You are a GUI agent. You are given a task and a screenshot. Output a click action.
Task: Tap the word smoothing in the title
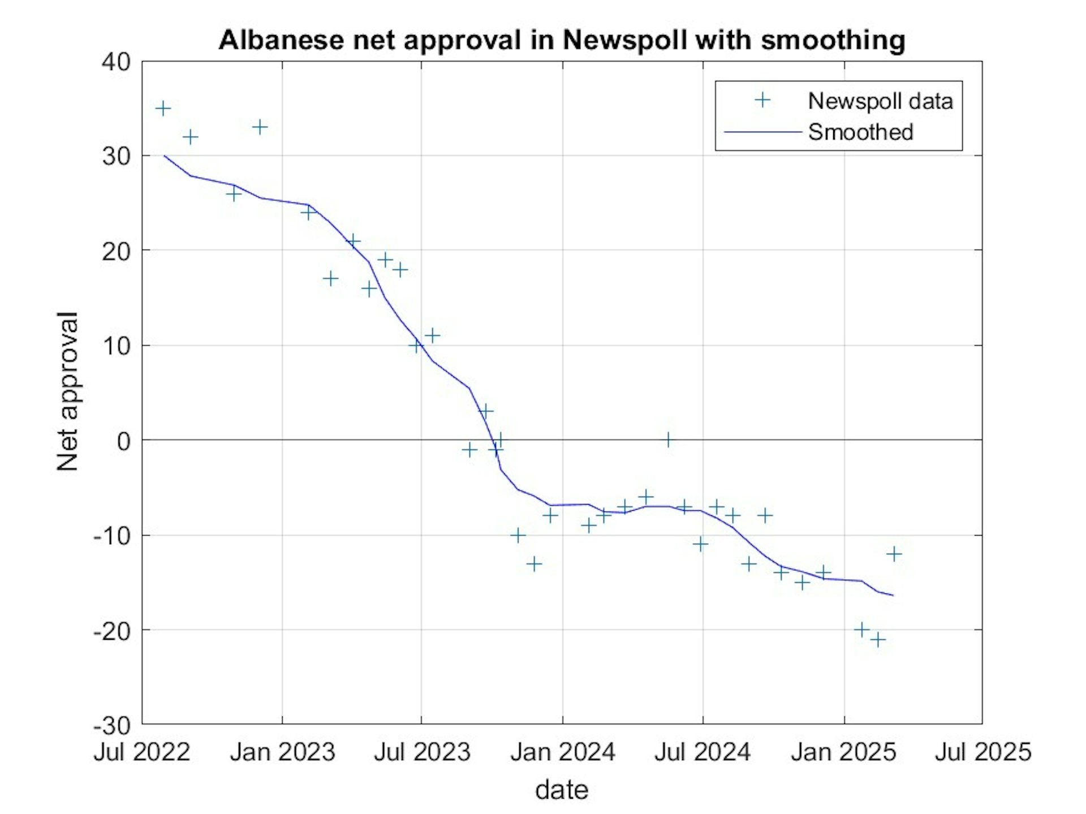click(x=833, y=40)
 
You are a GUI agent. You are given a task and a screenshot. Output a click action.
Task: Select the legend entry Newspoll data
click(x=880, y=101)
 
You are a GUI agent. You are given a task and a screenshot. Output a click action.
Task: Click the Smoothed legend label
click(x=860, y=132)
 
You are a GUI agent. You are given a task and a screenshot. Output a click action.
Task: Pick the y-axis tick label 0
click(x=123, y=441)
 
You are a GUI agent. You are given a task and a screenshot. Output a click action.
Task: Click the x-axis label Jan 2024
click(x=562, y=752)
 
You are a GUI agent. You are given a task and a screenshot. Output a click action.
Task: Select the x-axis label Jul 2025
click(x=983, y=752)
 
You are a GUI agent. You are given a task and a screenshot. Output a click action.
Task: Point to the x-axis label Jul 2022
click(x=142, y=752)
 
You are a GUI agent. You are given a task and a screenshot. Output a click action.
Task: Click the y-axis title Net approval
click(x=67, y=391)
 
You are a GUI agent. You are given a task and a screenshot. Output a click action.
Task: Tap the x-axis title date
click(x=562, y=790)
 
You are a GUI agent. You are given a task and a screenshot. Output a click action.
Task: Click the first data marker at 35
click(x=163, y=109)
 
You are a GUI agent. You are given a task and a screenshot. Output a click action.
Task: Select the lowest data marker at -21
click(x=878, y=640)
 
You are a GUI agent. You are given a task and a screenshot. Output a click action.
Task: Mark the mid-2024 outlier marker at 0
click(x=668, y=440)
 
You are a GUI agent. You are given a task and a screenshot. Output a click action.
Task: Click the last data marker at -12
click(x=894, y=554)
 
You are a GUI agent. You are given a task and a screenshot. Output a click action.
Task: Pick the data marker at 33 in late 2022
click(x=260, y=127)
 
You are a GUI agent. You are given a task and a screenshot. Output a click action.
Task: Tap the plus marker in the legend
click(x=762, y=101)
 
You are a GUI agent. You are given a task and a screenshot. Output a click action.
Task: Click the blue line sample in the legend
click(x=762, y=132)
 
